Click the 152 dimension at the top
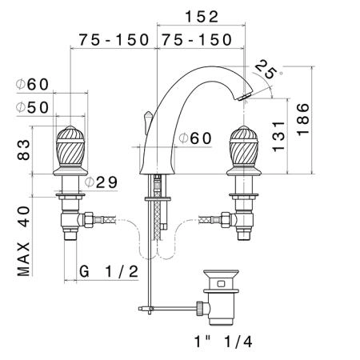tap(202, 17)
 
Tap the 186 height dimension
tap(303, 119)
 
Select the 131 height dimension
tap(278, 136)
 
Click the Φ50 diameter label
tap(32, 108)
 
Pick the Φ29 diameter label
tap(101, 182)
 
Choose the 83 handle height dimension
tap(24, 150)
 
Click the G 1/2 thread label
tap(109, 272)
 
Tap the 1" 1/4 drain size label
tap(223, 342)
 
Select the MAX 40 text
tap(24, 241)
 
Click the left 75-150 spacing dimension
tap(114, 40)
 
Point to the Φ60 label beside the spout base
tap(195, 138)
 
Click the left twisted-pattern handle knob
tap(70, 150)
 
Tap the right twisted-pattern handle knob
tap(244, 150)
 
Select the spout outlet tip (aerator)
tap(244, 97)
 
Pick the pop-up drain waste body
tap(221, 298)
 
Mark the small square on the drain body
tap(221, 283)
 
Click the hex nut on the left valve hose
tap(88, 220)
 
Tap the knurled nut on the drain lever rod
tap(200, 308)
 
